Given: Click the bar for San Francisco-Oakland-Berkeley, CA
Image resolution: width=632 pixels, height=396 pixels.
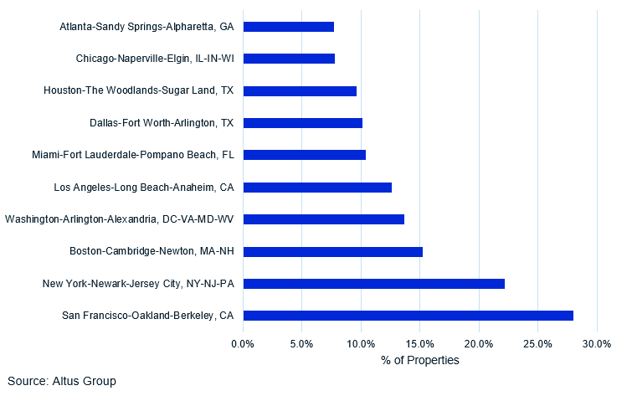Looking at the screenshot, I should pyautogui.click(x=408, y=316).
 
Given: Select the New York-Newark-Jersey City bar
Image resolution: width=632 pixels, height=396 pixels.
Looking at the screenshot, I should pyautogui.click(x=373, y=284).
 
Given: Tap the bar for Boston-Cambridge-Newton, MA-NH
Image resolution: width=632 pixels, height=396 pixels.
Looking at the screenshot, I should pyautogui.click(x=332, y=251).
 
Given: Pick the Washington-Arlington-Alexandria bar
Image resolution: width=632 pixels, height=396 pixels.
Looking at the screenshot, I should pyautogui.click(x=323, y=219).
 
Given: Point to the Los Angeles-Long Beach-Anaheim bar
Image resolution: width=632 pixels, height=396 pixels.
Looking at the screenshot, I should pyautogui.click(x=317, y=187).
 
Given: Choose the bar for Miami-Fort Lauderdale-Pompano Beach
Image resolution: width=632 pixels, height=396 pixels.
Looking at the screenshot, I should pyautogui.click(x=304, y=155).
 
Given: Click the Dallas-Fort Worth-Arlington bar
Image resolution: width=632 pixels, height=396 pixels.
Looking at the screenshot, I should pyautogui.click(x=302, y=123).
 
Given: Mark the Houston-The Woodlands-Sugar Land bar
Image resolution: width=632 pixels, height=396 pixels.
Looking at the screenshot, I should pyautogui.click(x=300, y=90).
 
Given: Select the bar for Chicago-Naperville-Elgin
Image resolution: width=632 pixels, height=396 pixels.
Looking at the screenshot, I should pyautogui.click(x=289, y=59).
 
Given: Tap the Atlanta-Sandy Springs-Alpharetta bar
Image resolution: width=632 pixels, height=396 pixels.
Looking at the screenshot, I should pyautogui.click(x=288, y=27).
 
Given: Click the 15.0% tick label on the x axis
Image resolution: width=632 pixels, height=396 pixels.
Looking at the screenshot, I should pyautogui.click(x=420, y=343).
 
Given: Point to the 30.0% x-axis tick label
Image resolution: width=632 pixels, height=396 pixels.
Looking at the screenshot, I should pyautogui.click(x=597, y=343).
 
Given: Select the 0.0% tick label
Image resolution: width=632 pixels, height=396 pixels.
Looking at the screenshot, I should pyautogui.click(x=243, y=343).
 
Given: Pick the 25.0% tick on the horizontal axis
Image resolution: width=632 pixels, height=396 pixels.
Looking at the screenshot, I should pyautogui.click(x=538, y=343).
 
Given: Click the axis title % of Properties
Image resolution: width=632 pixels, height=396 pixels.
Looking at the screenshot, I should pyautogui.click(x=420, y=360).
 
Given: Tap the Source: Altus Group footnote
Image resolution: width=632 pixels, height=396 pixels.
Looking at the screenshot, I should pyautogui.click(x=62, y=381).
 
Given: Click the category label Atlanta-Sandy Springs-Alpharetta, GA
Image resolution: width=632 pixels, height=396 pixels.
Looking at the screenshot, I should pyautogui.click(x=146, y=27).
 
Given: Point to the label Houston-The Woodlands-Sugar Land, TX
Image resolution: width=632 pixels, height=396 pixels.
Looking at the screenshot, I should pyautogui.click(x=138, y=90).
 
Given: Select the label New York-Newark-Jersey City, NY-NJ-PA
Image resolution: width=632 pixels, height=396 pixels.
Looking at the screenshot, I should pyautogui.click(x=138, y=284).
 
